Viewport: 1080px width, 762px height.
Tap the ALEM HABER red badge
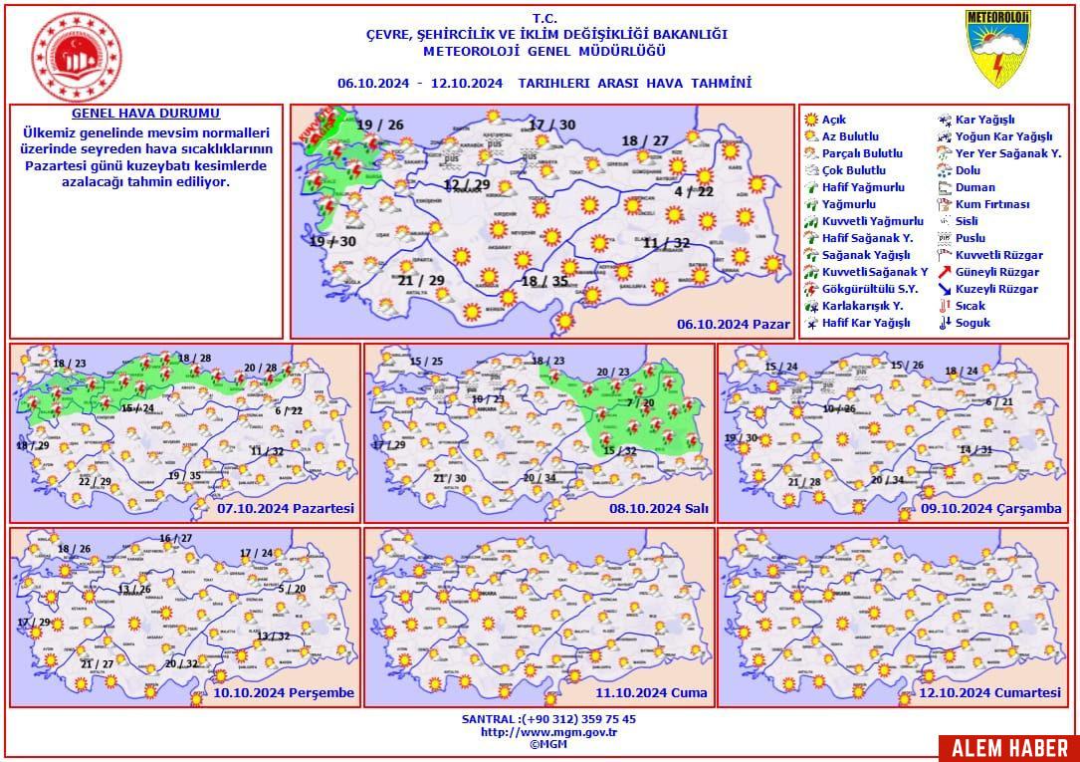coord(1007,748)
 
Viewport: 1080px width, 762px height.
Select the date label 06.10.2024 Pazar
coord(733,325)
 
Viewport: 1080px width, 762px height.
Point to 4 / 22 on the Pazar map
coord(694,191)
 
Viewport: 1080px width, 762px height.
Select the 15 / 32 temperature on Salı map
coord(620,451)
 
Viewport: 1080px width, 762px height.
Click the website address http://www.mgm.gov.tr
coord(548,731)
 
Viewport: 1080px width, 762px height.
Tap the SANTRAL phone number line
coord(548,719)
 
